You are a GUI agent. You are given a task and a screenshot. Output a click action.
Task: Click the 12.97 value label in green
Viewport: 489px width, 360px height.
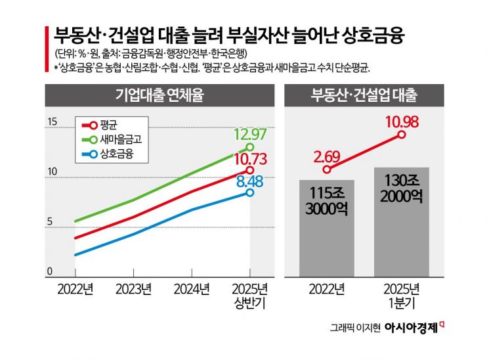(x=249, y=135)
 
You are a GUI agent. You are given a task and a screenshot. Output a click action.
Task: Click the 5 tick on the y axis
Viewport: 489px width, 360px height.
(x=50, y=222)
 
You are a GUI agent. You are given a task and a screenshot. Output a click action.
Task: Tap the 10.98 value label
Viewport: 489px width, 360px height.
(x=402, y=122)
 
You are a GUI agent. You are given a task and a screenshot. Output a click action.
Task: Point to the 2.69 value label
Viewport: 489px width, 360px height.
(x=326, y=156)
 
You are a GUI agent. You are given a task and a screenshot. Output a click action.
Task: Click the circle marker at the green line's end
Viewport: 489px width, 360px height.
(x=249, y=147)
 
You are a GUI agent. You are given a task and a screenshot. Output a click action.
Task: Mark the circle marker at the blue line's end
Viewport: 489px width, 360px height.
(x=249, y=192)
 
